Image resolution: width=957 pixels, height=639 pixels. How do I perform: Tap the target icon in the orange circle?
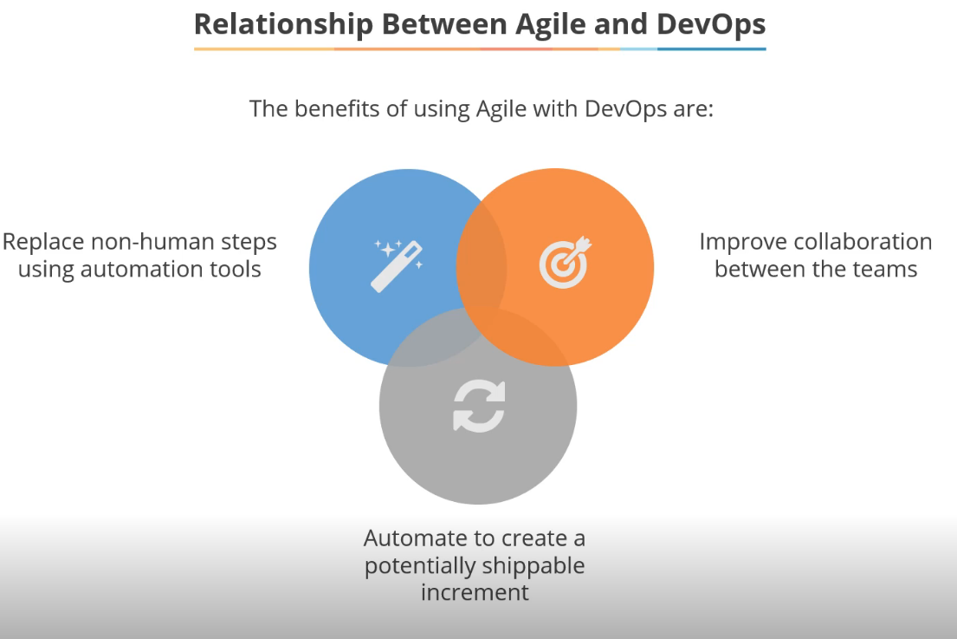tap(564, 262)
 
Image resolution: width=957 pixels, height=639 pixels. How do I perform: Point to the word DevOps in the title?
tap(711, 23)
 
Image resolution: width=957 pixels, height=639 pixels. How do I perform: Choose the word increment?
tap(475, 593)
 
